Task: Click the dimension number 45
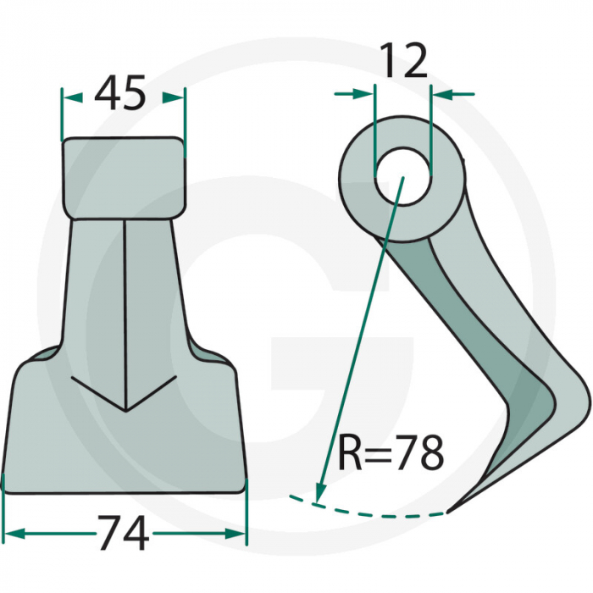[121, 93]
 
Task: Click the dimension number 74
[125, 535]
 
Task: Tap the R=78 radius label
[391, 454]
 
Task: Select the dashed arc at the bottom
[373, 511]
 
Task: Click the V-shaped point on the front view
[125, 410]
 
